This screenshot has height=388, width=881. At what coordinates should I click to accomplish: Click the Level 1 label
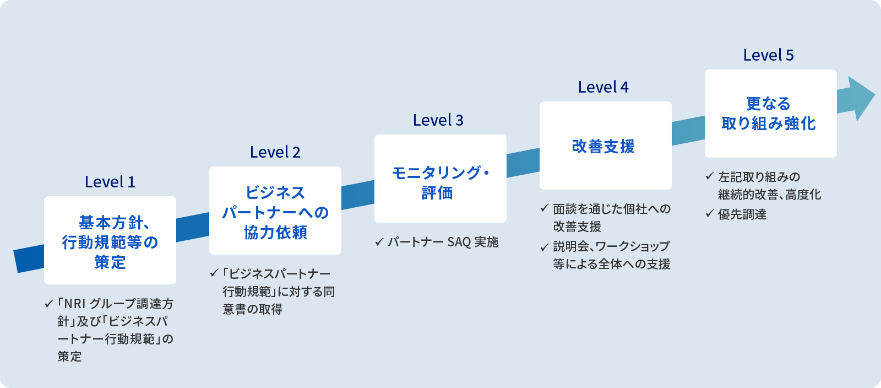110,182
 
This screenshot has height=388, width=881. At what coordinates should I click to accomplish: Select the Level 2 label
275,152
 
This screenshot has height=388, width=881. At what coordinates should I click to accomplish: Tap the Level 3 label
438,120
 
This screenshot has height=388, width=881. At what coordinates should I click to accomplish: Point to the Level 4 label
603,87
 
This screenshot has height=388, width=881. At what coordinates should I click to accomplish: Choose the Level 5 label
769,55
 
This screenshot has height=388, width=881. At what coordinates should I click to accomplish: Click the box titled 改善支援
606,145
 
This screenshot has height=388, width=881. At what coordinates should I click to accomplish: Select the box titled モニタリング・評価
440,179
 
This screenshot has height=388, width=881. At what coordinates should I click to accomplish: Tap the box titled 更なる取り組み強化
771,114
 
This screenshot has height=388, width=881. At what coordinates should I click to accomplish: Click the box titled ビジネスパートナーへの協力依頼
275,211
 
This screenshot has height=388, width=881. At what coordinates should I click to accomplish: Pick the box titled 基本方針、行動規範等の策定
110,240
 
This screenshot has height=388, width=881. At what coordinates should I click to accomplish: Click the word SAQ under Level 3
459,242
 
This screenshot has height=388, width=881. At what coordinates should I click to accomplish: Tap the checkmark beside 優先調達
710,214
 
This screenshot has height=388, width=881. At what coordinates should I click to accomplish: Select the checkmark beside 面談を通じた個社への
545,208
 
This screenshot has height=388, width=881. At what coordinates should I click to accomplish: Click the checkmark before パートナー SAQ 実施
379,242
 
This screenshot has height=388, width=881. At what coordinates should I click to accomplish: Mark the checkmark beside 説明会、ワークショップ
545,247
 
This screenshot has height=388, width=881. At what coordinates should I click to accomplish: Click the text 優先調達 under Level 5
742,214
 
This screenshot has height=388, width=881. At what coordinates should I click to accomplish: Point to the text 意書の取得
253,309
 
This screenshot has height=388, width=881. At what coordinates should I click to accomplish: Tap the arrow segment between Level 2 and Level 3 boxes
358,195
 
